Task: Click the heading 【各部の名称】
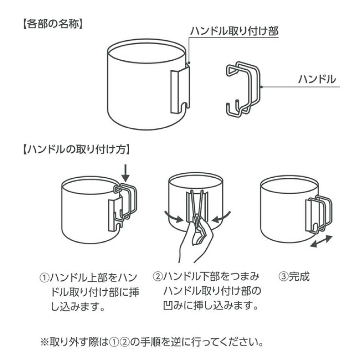point(50,23)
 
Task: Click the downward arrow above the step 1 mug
point(126,171)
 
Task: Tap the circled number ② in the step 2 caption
point(158,275)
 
